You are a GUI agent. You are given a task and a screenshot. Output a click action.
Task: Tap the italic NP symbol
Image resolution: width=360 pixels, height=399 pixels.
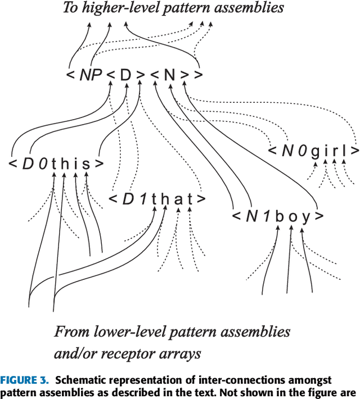click(x=90, y=74)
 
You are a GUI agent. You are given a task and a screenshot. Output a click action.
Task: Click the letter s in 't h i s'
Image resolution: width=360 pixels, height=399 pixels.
click(x=86, y=164)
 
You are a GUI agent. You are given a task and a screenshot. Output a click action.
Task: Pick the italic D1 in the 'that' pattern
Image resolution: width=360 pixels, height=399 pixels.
click(x=133, y=199)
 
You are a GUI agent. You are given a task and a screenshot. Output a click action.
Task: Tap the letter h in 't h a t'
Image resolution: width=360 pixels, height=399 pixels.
click(x=165, y=199)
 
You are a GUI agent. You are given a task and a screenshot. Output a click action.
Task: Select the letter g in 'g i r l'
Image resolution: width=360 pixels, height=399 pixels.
click(x=315, y=152)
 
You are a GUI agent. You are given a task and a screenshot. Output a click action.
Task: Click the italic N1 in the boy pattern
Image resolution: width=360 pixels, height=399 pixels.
click(x=258, y=216)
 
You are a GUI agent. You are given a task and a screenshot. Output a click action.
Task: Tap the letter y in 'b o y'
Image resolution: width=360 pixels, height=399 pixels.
click(x=306, y=217)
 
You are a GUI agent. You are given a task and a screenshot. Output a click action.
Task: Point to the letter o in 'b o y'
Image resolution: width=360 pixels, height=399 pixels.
click(x=292, y=217)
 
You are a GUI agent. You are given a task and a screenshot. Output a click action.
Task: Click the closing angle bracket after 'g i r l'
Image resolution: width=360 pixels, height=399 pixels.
click(x=354, y=151)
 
